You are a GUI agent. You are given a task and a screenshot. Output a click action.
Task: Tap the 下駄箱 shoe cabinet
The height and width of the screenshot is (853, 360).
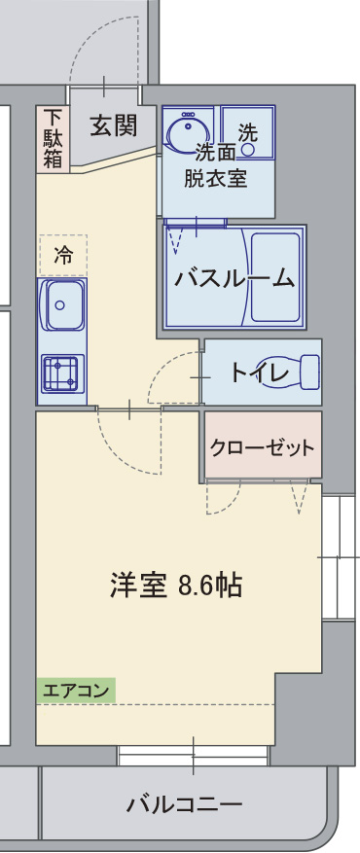click(53, 138)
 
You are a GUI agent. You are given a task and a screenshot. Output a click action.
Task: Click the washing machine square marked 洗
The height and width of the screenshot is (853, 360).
click(248, 132)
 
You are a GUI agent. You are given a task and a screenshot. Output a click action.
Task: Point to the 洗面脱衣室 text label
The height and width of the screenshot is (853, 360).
click(215, 165)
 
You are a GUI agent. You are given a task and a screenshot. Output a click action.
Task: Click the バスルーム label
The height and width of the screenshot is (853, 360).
click(234, 279)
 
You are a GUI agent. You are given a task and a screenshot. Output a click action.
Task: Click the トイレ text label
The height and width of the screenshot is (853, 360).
click(259, 373)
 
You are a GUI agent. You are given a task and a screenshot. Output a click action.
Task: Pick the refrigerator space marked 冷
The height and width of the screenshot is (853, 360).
click(63, 256)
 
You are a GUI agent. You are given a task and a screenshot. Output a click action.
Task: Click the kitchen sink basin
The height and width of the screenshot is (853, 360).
click(63, 309)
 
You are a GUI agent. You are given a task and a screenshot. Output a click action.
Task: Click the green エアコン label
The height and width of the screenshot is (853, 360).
click(75, 691)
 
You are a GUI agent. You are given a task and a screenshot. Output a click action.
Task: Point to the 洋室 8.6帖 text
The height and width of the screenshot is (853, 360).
click(175, 586)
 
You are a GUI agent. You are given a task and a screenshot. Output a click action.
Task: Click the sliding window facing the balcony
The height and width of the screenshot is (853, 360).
click(193, 754)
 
